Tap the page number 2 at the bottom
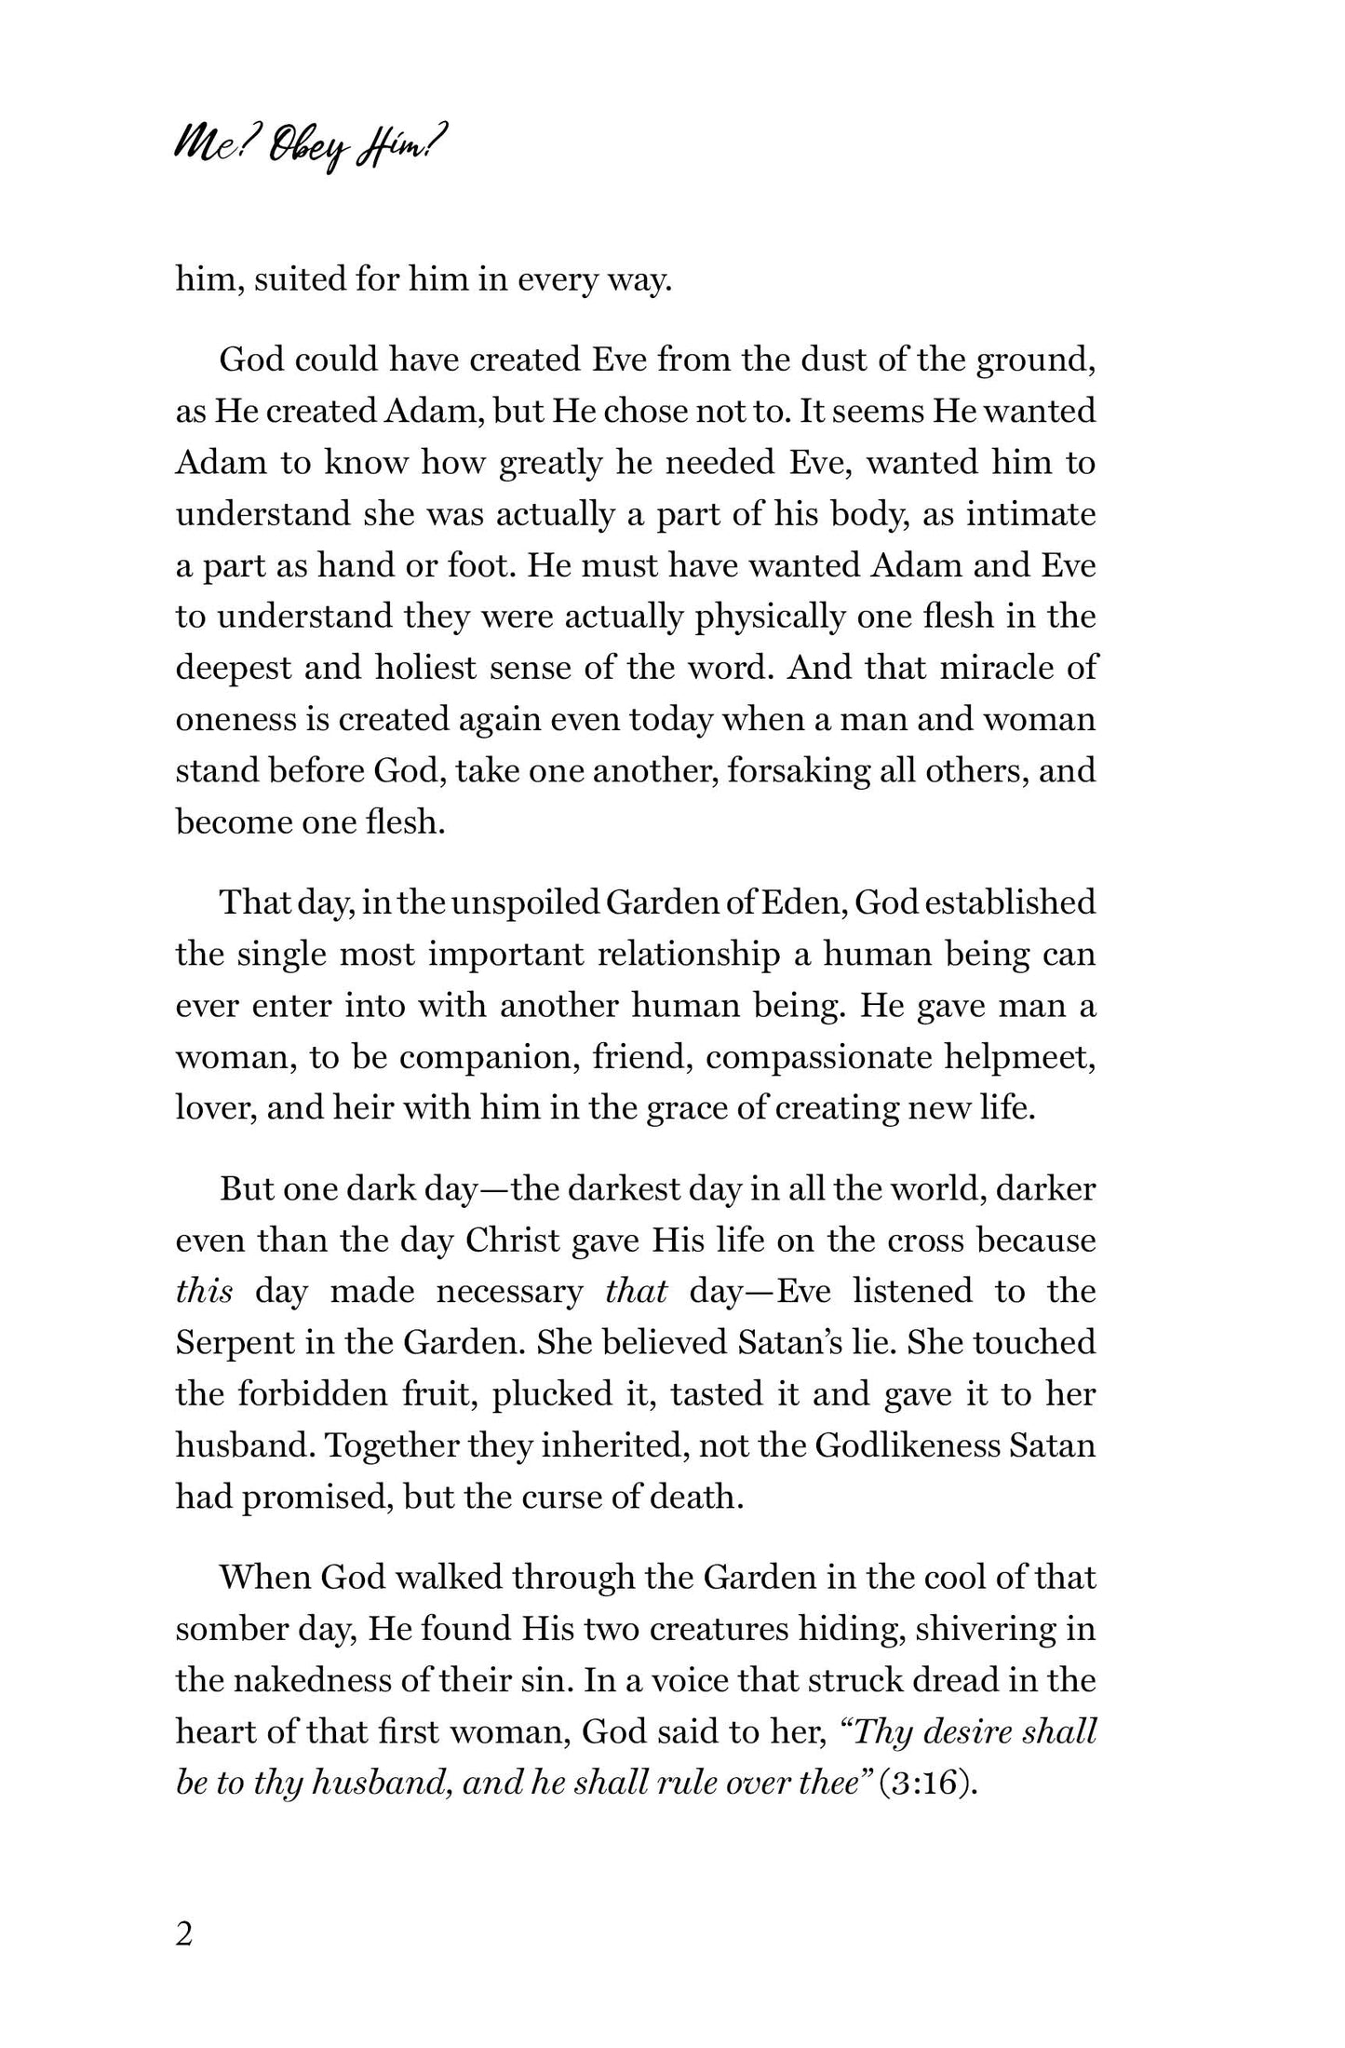pyautogui.click(x=183, y=1934)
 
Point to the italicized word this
pyautogui.click(x=204, y=1292)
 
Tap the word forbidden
pyautogui.click(x=309, y=1394)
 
